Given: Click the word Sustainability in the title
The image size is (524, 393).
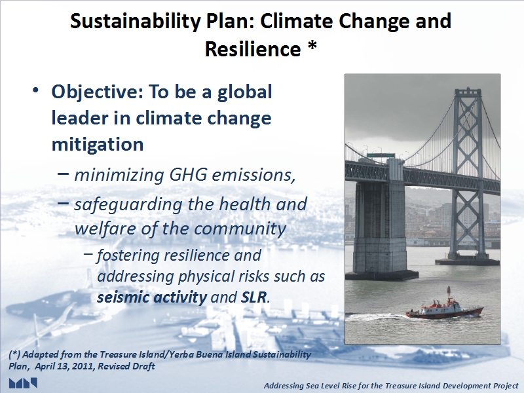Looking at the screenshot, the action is coord(136,22).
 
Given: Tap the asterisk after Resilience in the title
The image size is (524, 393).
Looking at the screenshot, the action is coord(312,46).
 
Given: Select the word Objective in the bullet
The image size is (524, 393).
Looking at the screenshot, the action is coord(94,93).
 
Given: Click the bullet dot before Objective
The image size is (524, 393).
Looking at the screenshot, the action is coord(36,90).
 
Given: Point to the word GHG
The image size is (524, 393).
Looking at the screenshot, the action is coord(188,174).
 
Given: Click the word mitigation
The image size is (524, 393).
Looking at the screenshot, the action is coord(98,145).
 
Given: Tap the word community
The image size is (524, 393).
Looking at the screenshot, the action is coord(240,229).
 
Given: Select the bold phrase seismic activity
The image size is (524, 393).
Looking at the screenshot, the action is coord(152,297).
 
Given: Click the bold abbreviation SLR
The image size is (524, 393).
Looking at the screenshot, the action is coord(253,297).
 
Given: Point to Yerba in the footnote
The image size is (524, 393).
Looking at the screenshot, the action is coord(181,354).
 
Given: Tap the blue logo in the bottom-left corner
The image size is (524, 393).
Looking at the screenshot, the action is coord(23,383).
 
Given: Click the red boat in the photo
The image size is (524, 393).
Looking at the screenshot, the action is coord(445,309).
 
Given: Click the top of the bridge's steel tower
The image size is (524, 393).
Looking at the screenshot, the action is coord(468,90).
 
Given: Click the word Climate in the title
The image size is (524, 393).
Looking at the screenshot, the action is coord(296,22).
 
